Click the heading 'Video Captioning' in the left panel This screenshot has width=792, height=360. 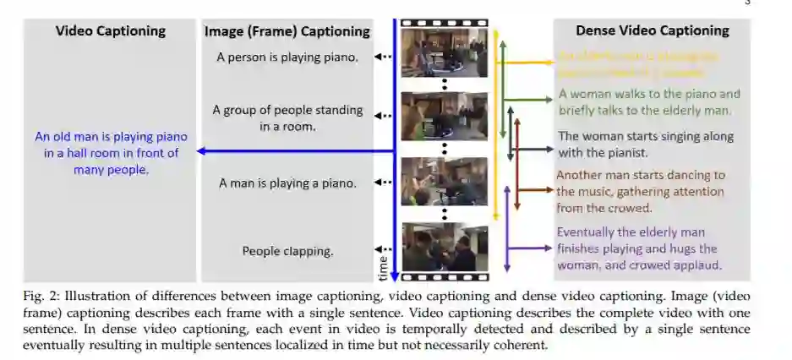[110, 31]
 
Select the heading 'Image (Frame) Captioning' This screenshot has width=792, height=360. [287, 31]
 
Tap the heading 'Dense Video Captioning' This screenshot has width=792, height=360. [652, 30]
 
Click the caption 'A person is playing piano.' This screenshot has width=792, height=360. [287, 58]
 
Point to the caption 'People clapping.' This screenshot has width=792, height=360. [287, 250]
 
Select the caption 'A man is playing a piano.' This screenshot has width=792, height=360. [287, 183]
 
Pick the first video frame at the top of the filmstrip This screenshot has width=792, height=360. [444, 52]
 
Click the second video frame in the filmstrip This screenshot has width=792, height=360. [444, 116]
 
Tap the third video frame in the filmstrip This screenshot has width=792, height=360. [444, 181]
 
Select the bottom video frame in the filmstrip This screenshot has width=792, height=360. [444, 247]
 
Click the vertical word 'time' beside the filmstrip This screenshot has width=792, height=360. [383, 267]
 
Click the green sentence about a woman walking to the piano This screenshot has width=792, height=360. [649, 102]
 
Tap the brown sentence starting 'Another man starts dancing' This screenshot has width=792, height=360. [640, 191]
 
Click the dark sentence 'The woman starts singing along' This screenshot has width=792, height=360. [646, 144]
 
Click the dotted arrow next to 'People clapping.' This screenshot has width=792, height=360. [385, 249]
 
